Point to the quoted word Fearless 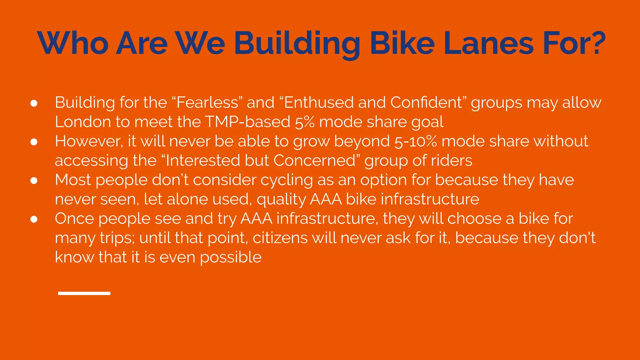click(207, 102)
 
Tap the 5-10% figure click(416, 141)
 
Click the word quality click(281, 199)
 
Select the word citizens click(280, 238)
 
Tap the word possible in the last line click(231, 257)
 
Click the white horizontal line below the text click(84, 293)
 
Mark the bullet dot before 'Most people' click(34, 181)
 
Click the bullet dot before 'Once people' click(34, 219)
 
